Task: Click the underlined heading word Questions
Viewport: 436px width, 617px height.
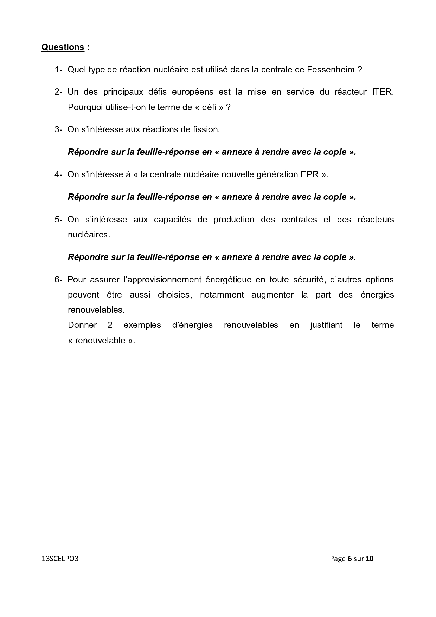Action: [x=63, y=47]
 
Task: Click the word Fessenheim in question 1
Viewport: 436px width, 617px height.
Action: [x=331, y=70]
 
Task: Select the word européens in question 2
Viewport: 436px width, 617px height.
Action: [x=192, y=92]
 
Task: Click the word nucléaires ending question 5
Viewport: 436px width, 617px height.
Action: [x=89, y=235]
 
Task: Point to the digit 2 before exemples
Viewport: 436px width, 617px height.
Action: [x=110, y=325]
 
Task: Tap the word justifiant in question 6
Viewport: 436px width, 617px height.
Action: [x=326, y=325]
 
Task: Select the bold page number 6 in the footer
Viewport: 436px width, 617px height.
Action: [x=350, y=559]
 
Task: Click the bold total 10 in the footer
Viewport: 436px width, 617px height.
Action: [x=370, y=559]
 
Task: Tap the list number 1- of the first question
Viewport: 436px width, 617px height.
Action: [x=58, y=70]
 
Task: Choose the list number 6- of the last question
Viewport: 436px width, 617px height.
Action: [x=58, y=280]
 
